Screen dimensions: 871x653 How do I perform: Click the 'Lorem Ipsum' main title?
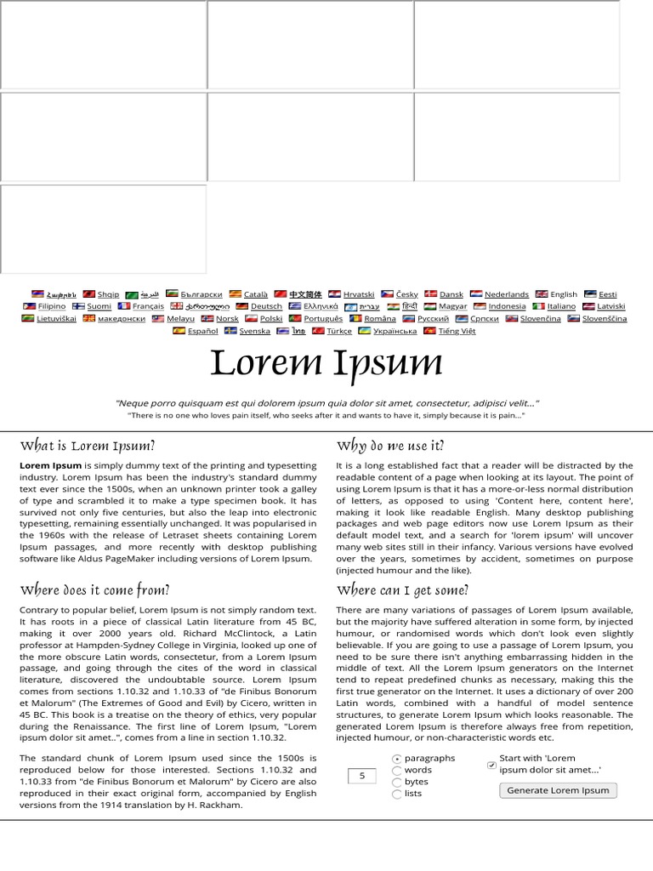326,363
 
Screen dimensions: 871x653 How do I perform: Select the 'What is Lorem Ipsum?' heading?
88,446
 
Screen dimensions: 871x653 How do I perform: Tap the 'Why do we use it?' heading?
390,446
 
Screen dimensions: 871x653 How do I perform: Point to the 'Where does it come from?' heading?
94,590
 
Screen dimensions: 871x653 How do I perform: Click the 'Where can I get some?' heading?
402,590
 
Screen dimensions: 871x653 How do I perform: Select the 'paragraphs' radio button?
397,759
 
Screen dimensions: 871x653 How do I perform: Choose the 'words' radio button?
397,771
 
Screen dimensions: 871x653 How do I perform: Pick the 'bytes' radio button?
397,783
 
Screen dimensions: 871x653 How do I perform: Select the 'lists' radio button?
397,794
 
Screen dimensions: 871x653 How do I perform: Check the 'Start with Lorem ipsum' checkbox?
491,765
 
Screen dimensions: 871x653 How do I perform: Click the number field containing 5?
362,776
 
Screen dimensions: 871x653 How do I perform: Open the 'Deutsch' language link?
266,306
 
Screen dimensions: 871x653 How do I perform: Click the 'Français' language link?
148,306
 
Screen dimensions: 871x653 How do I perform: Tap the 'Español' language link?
202,331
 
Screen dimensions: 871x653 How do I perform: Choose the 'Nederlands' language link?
506,294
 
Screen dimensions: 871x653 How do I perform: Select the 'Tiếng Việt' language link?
457,331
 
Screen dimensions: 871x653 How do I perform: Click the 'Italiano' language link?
560,306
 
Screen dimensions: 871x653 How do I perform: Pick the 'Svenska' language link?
254,331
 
